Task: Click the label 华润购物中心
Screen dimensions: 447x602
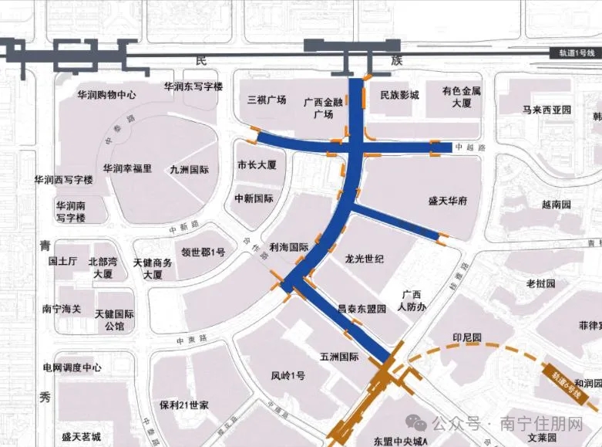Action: point(107,95)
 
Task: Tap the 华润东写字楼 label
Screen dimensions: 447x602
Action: point(193,86)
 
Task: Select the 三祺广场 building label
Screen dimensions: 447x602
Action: point(267,100)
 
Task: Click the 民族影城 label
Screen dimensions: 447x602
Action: point(400,95)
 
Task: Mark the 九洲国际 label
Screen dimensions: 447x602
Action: point(190,169)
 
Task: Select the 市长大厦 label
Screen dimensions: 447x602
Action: point(257,165)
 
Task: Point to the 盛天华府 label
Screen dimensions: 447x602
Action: point(448,201)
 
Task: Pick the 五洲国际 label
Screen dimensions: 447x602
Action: point(339,357)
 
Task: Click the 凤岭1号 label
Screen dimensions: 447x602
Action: point(288,376)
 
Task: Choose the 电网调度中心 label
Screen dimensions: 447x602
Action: point(72,367)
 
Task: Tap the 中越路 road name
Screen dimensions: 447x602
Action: point(467,147)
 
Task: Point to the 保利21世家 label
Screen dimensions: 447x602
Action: point(185,405)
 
